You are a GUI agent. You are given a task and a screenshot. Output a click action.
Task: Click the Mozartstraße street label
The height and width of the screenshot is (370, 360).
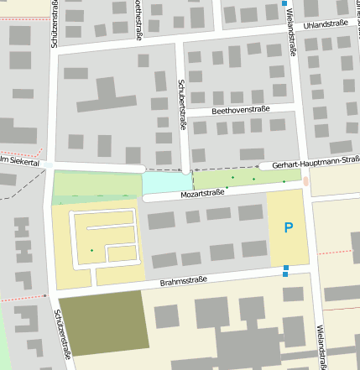[203, 193]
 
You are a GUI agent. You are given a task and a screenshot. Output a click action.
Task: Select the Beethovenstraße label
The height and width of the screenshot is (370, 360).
[239, 110]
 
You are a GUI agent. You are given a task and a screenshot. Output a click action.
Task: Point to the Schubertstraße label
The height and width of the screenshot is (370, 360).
[182, 105]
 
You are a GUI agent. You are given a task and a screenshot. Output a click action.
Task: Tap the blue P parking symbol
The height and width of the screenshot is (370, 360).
[289, 227]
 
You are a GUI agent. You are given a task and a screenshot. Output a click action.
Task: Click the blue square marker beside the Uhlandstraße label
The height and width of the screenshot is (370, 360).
[284, 4]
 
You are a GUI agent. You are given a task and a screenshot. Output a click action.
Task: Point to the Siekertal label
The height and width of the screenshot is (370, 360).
[20, 161]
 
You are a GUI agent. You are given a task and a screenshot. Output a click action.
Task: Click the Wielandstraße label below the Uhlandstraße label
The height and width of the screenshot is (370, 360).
[292, 38]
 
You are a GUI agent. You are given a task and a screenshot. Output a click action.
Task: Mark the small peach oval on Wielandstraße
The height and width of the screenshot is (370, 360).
[305, 181]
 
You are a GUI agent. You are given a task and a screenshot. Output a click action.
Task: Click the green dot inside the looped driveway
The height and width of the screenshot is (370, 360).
[92, 251]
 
